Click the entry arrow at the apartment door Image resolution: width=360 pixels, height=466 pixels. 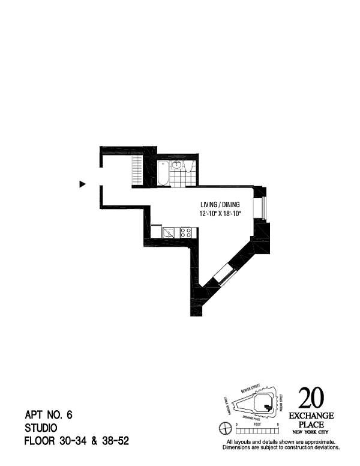83,184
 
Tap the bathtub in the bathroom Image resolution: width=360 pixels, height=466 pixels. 162,174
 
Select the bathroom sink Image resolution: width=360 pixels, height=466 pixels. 177,165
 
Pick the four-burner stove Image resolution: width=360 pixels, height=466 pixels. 185,232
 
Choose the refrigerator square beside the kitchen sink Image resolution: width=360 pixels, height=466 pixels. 157,231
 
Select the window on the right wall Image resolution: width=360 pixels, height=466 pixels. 260,208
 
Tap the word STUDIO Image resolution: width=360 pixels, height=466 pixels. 41,428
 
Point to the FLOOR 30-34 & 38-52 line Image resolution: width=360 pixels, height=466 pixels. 76,441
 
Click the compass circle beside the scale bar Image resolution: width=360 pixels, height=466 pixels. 226,428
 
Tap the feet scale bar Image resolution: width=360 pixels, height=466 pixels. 257,429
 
